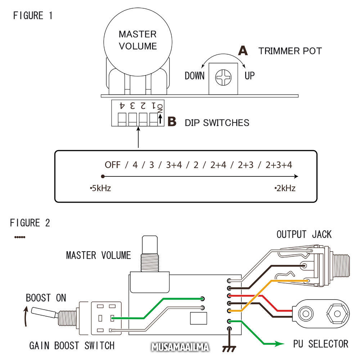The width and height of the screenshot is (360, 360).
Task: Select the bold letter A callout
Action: [x=243, y=51]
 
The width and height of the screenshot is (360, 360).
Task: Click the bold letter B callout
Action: [x=172, y=122]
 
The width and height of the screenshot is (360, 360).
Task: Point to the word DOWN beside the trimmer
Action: [x=194, y=76]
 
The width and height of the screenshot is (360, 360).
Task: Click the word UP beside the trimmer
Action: [x=249, y=76]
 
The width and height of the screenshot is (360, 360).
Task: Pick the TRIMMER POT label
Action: [x=290, y=51]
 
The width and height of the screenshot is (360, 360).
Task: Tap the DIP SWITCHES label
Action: [x=217, y=123]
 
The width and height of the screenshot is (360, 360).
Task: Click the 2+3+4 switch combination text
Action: [x=279, y=165]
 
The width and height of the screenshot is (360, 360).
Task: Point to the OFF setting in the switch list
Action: [x=113, y=165]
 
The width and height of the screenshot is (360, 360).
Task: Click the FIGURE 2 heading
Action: [x=30, y=223]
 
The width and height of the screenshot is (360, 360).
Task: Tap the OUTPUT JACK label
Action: [x=304, y=235]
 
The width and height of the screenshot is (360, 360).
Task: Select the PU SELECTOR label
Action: [x=321, y=344]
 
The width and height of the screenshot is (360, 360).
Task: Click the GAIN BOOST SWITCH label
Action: [x=72, y=346]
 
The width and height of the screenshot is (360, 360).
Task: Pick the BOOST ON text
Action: [x=46, y=298]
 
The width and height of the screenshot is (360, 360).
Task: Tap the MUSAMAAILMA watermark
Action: [x=180, y=348]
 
